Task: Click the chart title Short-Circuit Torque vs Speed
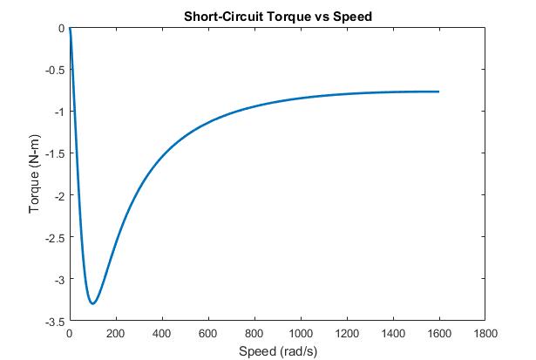point(276,16)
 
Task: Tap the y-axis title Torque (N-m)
point(34,175)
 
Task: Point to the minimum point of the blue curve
point(92,303)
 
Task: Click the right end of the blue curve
point(438,92)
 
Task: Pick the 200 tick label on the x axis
point(116,333)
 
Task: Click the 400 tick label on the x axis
point(162,333)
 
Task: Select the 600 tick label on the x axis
point(208,333)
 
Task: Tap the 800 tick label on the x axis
point(254,333)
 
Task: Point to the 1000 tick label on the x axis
point(301,333)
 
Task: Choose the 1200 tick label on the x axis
point(347,333)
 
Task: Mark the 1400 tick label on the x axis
point(393,333)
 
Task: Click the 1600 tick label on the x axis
point(439,333)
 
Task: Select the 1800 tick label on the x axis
point(485,333)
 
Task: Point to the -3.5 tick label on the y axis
point(55,322)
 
